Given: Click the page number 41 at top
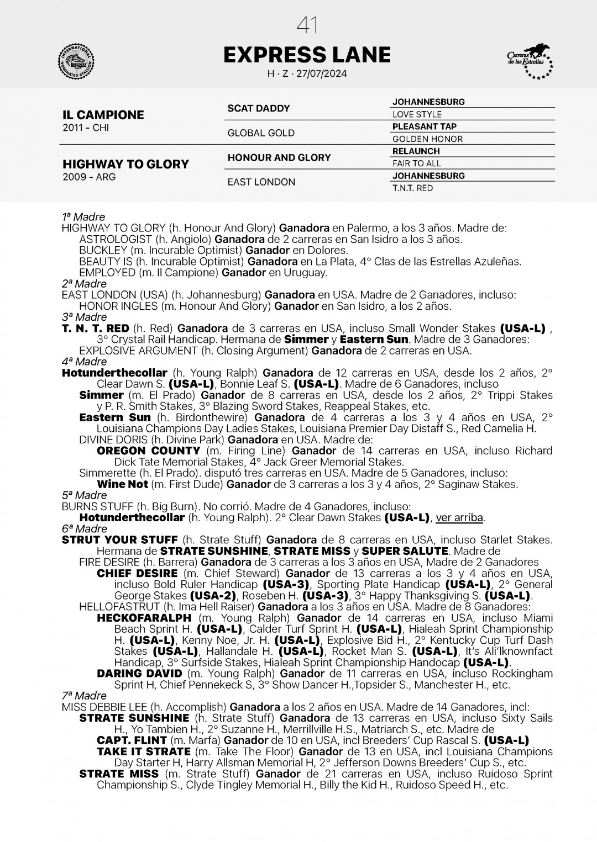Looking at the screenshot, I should click(307, 25).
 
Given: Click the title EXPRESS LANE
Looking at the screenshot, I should click(307, 55).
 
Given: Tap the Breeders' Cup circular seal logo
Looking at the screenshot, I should click(76, 60).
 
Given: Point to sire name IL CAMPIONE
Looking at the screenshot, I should click(103, 115).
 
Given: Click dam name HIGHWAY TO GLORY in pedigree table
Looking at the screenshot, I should click(125, 164).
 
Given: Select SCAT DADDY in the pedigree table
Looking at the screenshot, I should click(259, 108).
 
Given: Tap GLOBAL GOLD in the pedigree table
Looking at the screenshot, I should click(261, 133).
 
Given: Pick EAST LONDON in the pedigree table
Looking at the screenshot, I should click(261, 182).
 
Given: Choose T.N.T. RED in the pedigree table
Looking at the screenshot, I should click(412, 188).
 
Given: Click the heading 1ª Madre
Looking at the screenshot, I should click(83, 217).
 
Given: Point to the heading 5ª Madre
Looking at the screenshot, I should click(85, 495).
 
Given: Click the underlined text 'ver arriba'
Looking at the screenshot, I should click(460, 518).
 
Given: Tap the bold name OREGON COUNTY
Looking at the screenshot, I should click(148, 451).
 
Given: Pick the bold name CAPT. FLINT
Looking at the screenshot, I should click(132, 740).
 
